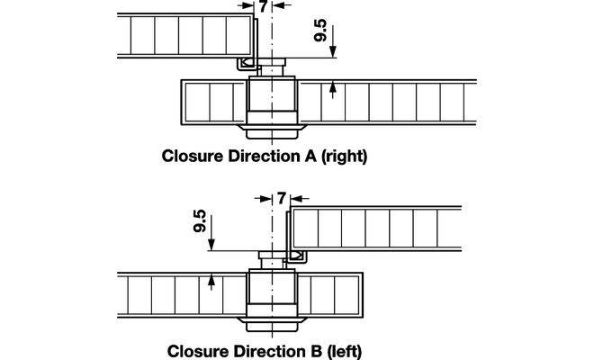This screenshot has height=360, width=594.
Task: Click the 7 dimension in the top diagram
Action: [262, 8]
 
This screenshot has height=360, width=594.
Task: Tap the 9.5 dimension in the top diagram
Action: [320, 31]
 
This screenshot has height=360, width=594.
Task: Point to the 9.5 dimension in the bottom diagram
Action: [200, 220]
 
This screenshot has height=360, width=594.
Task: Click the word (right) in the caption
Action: [341, 155]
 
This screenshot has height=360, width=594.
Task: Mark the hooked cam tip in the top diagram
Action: [245, 63]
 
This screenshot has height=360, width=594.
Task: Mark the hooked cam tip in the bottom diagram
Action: [294, 256]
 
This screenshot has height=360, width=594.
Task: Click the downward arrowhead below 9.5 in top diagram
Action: [333, 53]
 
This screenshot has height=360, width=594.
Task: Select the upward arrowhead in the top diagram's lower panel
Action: [333, 87]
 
